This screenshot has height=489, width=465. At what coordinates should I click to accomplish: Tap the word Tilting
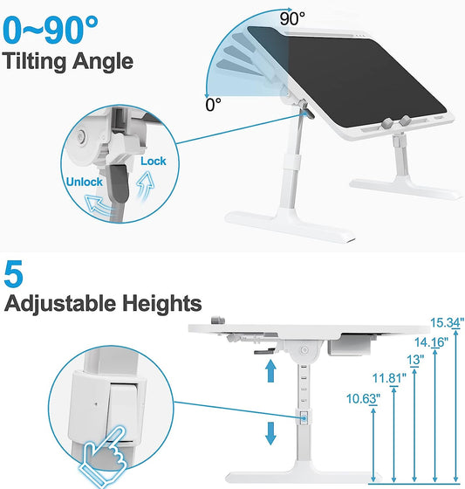pos(35,62)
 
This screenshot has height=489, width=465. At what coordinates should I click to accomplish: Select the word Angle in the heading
pos(103,62)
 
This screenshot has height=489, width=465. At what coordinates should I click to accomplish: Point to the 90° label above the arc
pos(292,18)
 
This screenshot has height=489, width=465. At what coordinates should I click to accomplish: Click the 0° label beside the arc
pos(213,105)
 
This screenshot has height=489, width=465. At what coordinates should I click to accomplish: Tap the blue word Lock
pos(154,161)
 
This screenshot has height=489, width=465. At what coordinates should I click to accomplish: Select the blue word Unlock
pos(84,182)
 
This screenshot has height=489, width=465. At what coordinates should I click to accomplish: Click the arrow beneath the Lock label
pos(146,185)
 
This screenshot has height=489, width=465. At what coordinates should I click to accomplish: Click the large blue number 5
pos(13,274)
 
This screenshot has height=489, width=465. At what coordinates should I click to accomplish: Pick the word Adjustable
pos(60,304)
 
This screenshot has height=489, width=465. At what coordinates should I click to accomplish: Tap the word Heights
pos(161,303)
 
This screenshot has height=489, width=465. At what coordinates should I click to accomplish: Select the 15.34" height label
pos(447,323)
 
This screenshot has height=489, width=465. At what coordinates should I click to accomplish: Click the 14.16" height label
pos(431,342)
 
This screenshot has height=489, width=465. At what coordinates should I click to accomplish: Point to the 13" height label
pos(415,360)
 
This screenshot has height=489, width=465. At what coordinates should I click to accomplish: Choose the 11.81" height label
pos(389,379)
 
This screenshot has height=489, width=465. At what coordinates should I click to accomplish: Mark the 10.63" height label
pos(363,399)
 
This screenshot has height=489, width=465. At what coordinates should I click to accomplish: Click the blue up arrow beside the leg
pos(270,370)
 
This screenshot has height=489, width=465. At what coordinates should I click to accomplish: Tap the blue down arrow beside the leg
pos(270,433)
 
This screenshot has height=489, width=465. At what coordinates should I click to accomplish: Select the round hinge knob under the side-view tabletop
pos(304,350)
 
